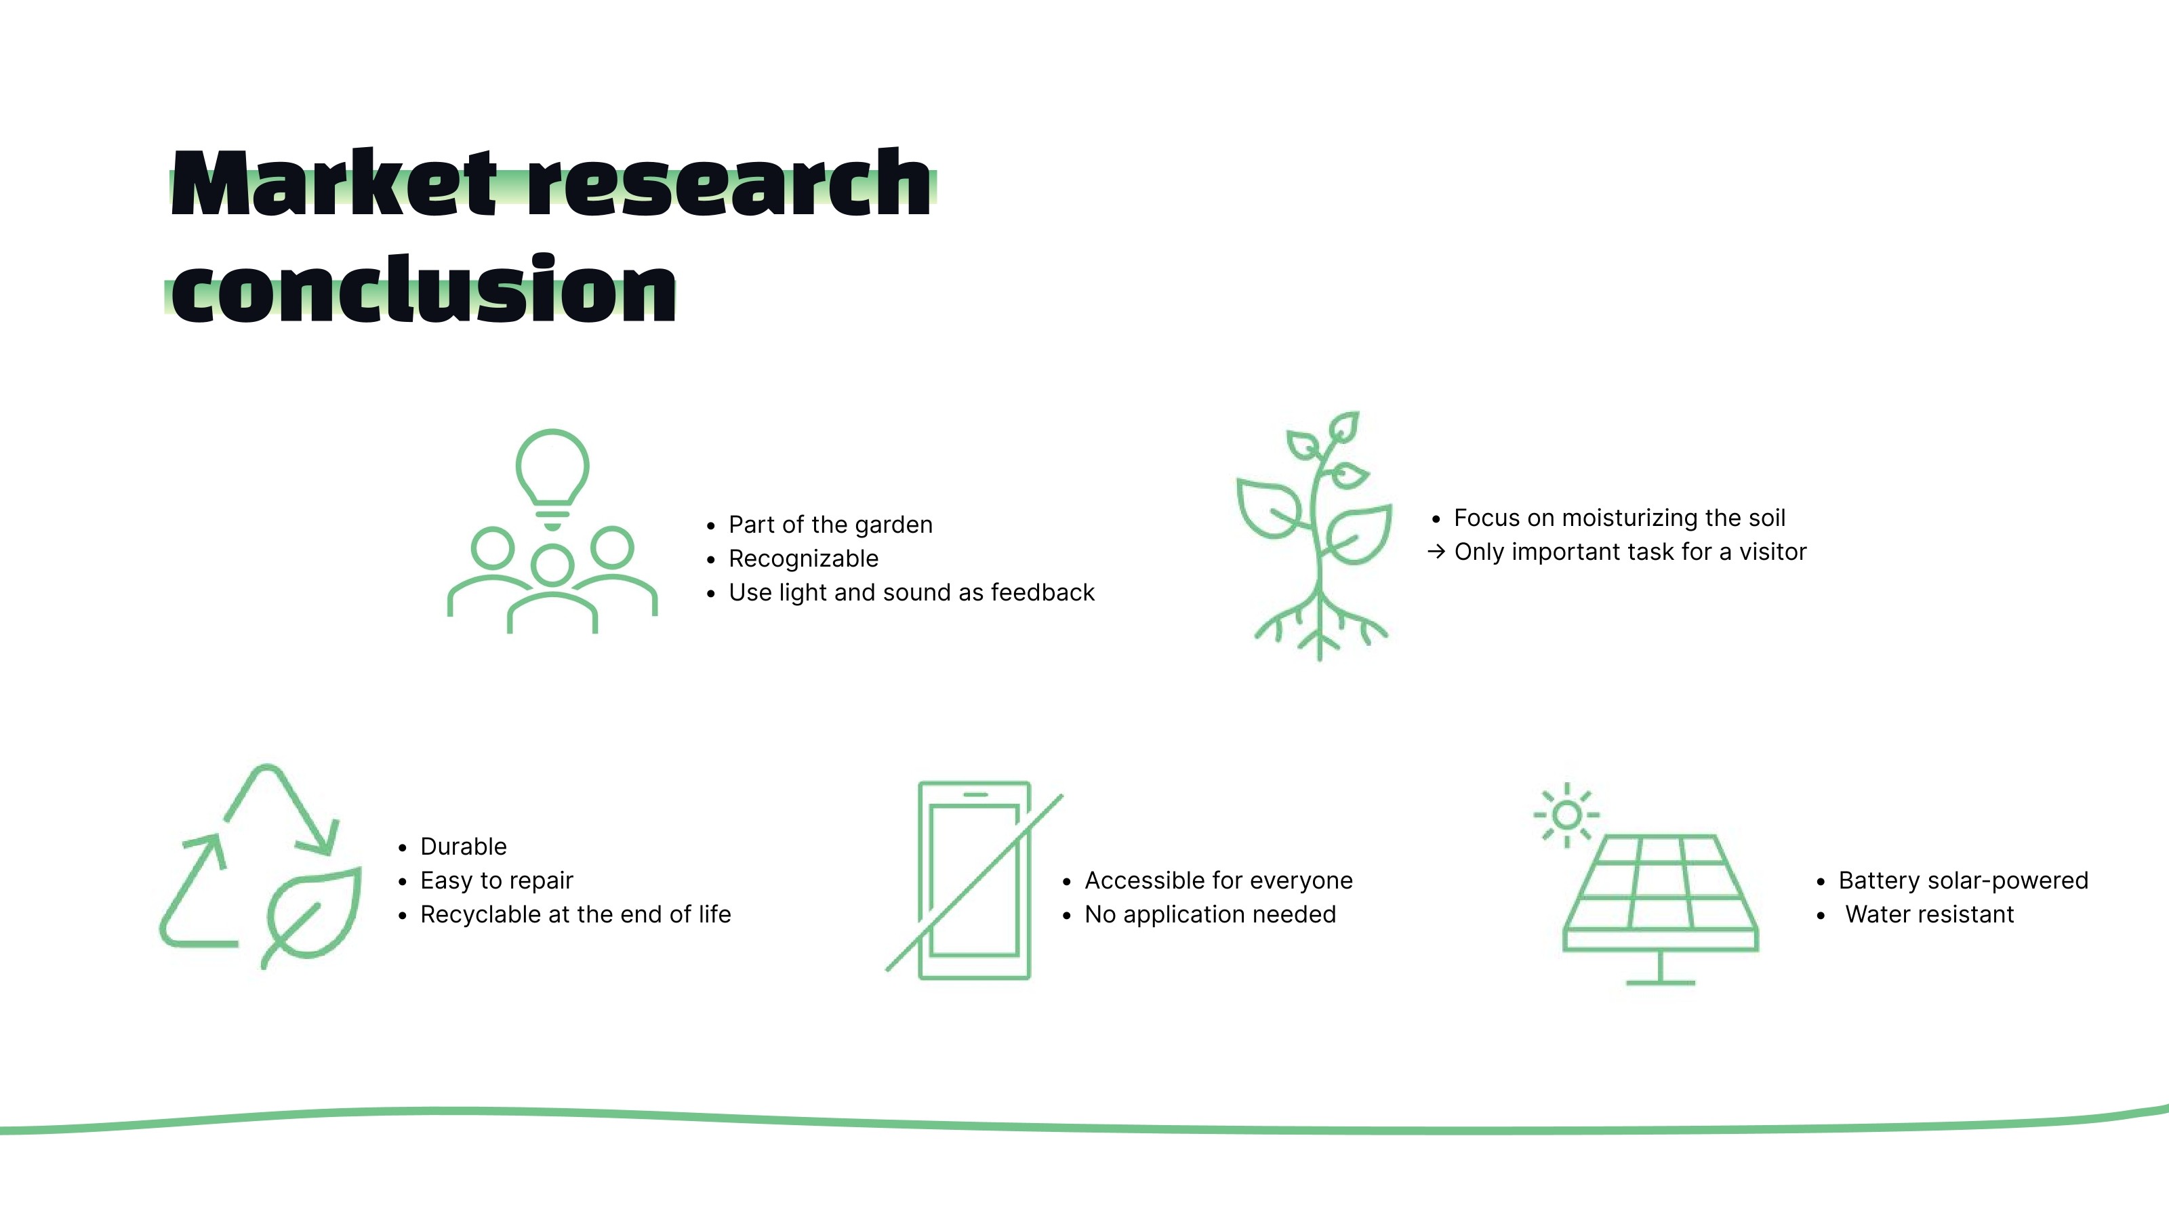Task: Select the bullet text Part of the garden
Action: [830, 525]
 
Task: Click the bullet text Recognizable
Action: [803, 558]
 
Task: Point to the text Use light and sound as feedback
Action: [911, 593]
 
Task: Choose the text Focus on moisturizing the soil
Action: [1619, 518]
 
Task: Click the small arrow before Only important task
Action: [1436, 552]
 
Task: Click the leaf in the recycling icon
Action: [314, 914]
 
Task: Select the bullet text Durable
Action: [463, 846]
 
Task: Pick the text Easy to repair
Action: [497, 880]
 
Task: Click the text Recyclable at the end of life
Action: [575, 914]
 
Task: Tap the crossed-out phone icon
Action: [974, 880]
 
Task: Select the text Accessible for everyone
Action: [1219, 880]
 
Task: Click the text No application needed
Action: [1210, 914]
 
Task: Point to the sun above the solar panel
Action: [1566, 814]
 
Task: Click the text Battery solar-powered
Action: [1963, 880]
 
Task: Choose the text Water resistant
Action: [1929, 914]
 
